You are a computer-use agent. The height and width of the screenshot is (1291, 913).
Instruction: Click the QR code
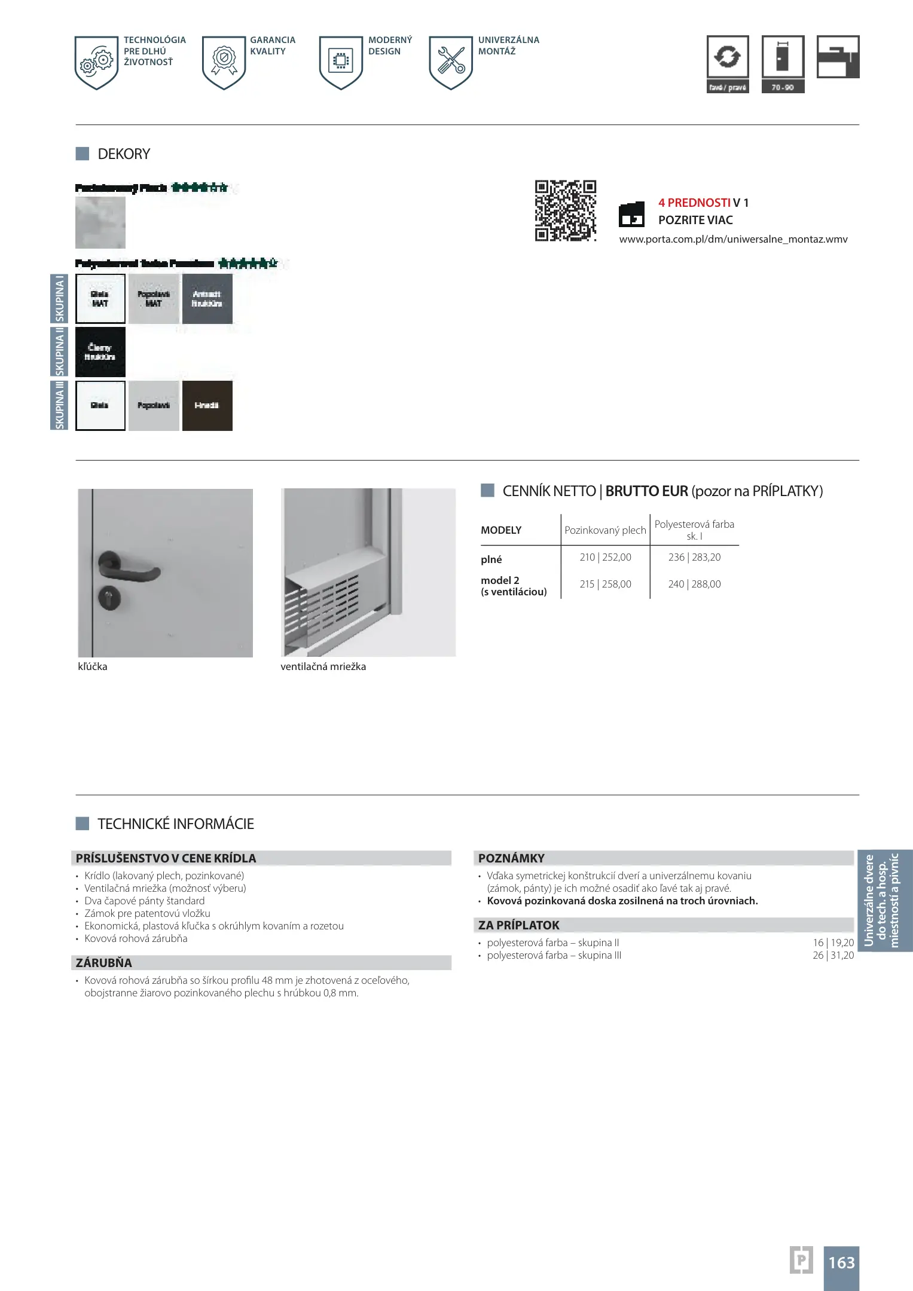(565, 210)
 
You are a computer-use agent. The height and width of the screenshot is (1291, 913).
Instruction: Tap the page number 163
(841, 1262)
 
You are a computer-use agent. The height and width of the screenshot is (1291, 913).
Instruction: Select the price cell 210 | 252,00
(605, 557)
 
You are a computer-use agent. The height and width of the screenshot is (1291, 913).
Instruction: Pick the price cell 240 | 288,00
(694, 584)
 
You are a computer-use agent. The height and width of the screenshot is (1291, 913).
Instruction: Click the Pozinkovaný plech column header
(605, 530)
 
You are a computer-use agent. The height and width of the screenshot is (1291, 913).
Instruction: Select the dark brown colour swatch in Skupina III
(207, 405)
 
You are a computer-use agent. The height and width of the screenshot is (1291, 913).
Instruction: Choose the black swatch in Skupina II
(100, 351)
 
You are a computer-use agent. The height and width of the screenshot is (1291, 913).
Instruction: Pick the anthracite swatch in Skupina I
(207, 298)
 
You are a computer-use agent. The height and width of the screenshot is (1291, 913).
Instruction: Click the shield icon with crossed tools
(451, 62)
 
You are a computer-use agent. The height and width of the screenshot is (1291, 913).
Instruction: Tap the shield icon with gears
(97, 62)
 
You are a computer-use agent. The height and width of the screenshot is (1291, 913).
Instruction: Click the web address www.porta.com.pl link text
(733, 239)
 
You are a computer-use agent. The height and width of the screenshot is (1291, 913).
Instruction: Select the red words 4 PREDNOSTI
(694, 203)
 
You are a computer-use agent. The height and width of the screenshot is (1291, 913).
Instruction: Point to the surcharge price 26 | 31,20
(833, 955)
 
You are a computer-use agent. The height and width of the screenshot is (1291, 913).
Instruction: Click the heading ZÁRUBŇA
(104, 962)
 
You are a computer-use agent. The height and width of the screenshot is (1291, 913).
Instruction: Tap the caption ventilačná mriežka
(323, 666)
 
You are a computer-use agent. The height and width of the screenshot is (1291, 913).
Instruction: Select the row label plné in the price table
(491, 559)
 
